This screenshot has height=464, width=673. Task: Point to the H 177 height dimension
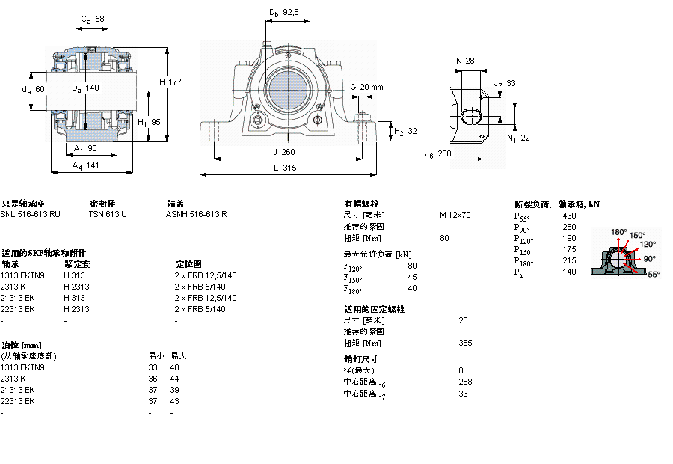(170, 82)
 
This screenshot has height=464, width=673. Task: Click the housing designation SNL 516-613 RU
(31, 214)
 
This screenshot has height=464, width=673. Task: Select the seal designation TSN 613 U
(108, 214)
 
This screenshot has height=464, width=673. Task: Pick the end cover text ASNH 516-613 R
(196, 214)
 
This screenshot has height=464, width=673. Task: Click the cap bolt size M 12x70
(455, 215)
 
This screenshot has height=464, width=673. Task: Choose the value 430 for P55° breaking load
(569, 216)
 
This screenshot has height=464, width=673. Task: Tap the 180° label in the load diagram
(619, 232)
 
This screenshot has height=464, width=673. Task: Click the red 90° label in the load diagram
(649, 259)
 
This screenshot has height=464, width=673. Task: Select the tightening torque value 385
(465, 344)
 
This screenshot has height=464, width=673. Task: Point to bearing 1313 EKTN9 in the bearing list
(22, 275)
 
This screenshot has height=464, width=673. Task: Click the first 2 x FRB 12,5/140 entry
(205, 275)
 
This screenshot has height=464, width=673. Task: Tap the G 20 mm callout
(366, 87)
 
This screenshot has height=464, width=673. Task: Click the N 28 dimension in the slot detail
(465, 61)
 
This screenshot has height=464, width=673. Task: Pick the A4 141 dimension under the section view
(87, 167)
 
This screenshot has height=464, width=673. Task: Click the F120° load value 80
(412, 266)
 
